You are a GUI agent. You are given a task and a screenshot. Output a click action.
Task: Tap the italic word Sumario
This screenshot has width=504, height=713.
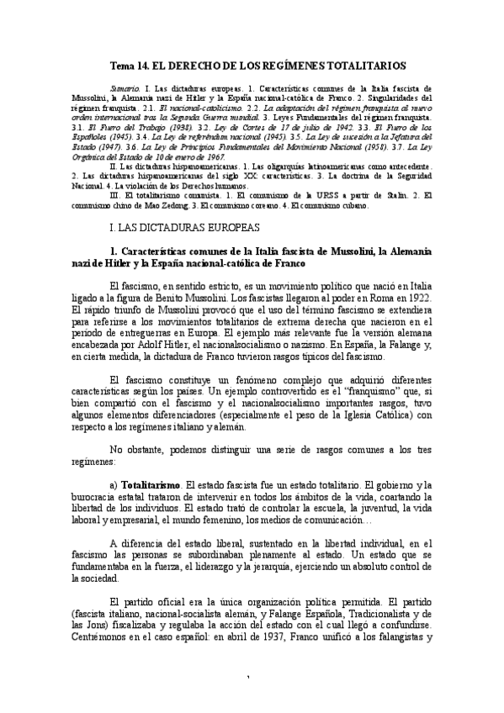127,88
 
